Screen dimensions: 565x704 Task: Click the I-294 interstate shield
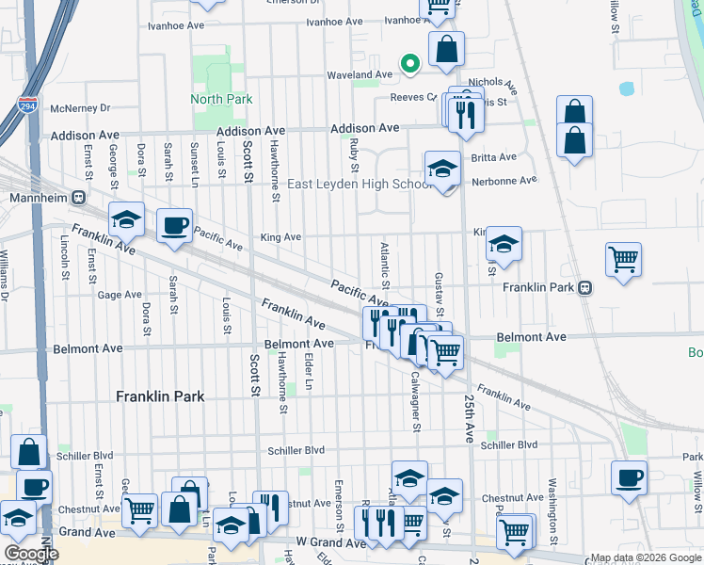pos(27,105)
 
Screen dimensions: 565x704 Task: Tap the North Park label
pos(221,99)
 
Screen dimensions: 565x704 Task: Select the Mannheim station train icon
pos(79,199)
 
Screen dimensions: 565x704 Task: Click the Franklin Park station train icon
pos(585,287)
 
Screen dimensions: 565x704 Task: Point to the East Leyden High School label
pos(360,185)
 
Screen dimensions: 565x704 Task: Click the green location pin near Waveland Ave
pos(409,63)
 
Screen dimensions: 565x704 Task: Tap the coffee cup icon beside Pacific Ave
pos(174,226)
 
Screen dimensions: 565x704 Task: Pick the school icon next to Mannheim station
pos(127,219)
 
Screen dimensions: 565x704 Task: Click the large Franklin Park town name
pos(160,396)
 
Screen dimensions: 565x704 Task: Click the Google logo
pos(31,554)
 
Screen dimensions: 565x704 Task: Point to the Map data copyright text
pos(646,557)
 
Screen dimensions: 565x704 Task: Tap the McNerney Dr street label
pos(81,108)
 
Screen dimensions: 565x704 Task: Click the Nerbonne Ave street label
pos(504,180)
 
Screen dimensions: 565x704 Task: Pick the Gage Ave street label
pos(120,295)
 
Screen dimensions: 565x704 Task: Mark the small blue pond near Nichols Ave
pos(627,89)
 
